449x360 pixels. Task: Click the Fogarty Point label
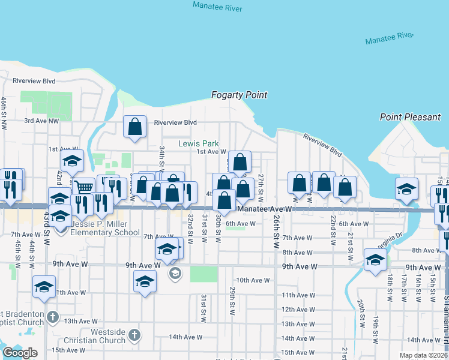[239, 95]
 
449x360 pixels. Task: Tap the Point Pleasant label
[410, 117]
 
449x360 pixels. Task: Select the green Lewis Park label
[198, 143]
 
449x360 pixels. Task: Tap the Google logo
[20, 353]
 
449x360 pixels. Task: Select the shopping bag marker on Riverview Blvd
[134, 127]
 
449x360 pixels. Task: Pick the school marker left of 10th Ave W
[145, 281]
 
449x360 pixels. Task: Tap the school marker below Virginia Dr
[375, 260]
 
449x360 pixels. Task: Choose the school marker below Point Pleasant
[406, 188]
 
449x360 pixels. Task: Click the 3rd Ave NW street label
[41, 121]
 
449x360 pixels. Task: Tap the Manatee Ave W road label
[264, 209]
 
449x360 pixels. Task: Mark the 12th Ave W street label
[298, 310]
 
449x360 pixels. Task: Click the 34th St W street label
[161, 157]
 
